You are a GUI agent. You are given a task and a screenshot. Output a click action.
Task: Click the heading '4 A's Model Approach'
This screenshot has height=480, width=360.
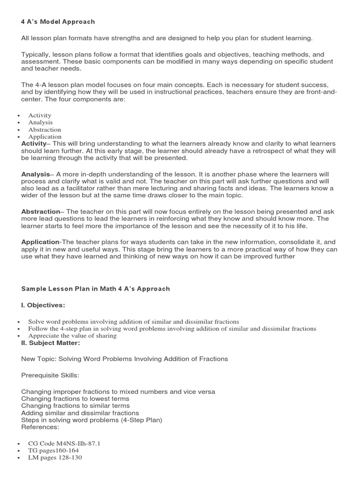tap(58, 22)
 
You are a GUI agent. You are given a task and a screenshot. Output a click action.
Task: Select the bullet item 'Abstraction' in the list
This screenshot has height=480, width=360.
tap(45, 129)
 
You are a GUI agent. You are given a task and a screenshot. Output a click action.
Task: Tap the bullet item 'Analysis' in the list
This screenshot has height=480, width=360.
tap(40, 122)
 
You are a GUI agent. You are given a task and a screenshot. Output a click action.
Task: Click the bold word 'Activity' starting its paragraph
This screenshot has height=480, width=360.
tap(34, 143)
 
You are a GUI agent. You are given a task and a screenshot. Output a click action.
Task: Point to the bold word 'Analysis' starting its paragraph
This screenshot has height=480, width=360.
tap(35, 174)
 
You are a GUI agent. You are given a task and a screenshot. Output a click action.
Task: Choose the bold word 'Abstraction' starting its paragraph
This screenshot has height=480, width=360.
tap(40, 211)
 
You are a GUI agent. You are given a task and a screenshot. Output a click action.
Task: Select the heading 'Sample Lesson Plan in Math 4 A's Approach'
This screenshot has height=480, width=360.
tap(95, 289)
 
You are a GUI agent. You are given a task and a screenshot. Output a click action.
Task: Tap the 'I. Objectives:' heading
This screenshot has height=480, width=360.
tap(43, 305)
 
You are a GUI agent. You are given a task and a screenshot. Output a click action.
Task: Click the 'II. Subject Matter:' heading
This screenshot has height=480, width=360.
tap(51, 343)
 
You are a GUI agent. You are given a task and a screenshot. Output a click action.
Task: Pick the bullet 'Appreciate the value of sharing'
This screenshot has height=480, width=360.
tap(72, 336)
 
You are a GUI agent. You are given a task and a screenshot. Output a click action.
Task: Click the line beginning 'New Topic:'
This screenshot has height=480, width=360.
tap(124, 359)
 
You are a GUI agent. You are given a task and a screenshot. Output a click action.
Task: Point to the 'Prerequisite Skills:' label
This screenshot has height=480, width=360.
tap(51, 375)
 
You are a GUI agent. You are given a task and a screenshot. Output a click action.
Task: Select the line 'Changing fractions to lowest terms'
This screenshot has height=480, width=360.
tap(75, 398)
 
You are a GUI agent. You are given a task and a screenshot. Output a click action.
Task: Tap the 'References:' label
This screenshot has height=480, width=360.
tap(40, 427)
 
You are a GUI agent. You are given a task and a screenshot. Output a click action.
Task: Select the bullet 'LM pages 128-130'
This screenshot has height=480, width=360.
tap(55, 457)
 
